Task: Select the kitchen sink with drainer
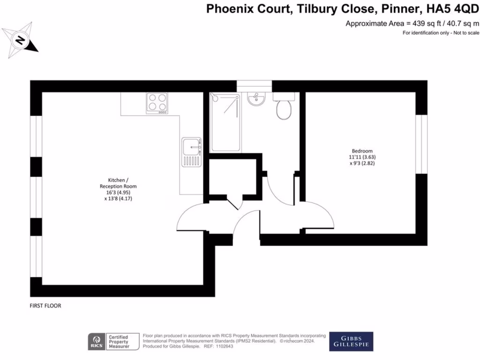point(192,152)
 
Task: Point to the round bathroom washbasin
point(256,99)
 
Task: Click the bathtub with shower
point(226,122)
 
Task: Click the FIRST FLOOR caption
point(45,306)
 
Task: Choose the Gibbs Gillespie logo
point(351,342)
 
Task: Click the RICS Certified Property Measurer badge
point(114,342)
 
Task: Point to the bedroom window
point(422,144)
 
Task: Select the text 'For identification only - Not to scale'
point(441,33)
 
